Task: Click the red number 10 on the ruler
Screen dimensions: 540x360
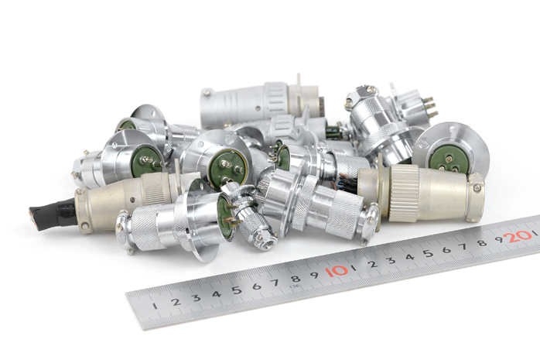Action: [336, 271]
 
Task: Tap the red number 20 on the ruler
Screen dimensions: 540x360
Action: [518, 236]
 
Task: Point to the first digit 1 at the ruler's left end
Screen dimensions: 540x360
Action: [156, 306]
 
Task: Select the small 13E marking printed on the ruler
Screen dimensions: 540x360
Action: [296, 285]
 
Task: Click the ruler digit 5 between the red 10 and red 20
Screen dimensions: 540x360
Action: [428, 254]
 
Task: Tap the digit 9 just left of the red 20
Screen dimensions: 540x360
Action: [499, 239]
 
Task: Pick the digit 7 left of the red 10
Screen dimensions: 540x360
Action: [275, 283]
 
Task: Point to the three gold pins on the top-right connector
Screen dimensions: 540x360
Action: [431, 106]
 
